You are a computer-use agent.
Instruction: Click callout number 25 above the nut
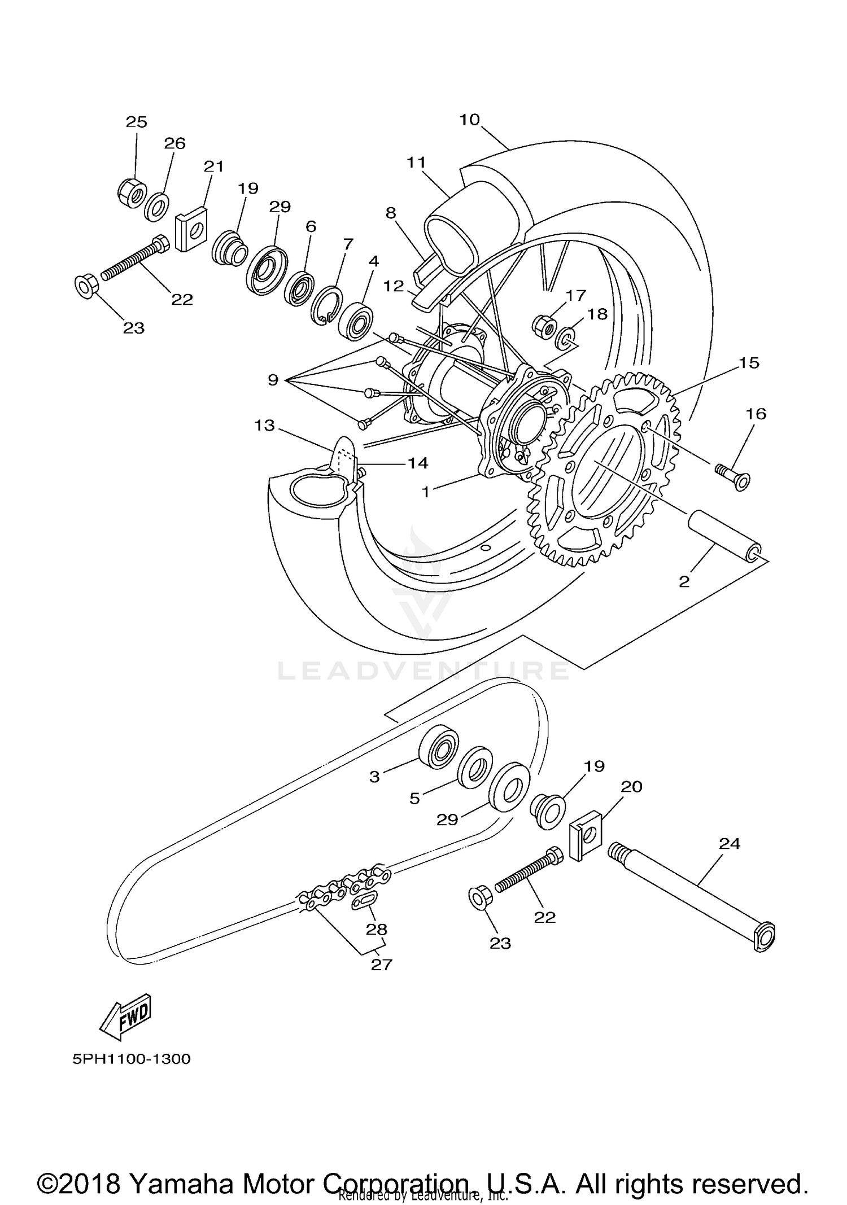[x=136, y=122]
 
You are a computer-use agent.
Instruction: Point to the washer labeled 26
[x=156, y=207]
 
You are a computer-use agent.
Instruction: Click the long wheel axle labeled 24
[x=692, y=897]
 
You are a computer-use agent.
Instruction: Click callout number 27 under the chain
[x=381, y=965]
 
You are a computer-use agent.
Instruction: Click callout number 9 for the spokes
[x=273, y=380]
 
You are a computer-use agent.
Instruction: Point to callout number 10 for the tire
[x=469, y=120]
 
